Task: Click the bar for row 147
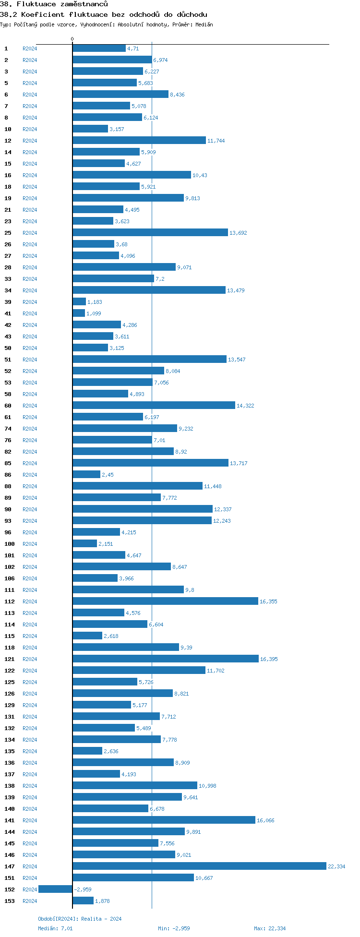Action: click(199, 866)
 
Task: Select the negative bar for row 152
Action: click(55, 889)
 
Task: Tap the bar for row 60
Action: click(154, 406)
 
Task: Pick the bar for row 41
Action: click(79, 313)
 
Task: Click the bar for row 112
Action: click(165, 601)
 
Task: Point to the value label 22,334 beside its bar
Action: click(336, 866)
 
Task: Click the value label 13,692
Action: click(238, 233)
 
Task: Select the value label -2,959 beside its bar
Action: click(83, 889)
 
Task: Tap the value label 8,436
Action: click(177, 95)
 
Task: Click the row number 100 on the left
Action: click(9, 544)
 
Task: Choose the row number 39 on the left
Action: click(8, 302)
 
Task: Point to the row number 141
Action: click(9, 820)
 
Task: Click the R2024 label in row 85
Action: click(30, 463)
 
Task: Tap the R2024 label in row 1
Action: click(30, 48)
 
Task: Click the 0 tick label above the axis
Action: click(72, 39)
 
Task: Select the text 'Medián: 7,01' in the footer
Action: click(55, 928)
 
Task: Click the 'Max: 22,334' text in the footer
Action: click(269, 928)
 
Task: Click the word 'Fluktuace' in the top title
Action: click(36, 4)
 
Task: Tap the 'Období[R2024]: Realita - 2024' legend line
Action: click(80, 919)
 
